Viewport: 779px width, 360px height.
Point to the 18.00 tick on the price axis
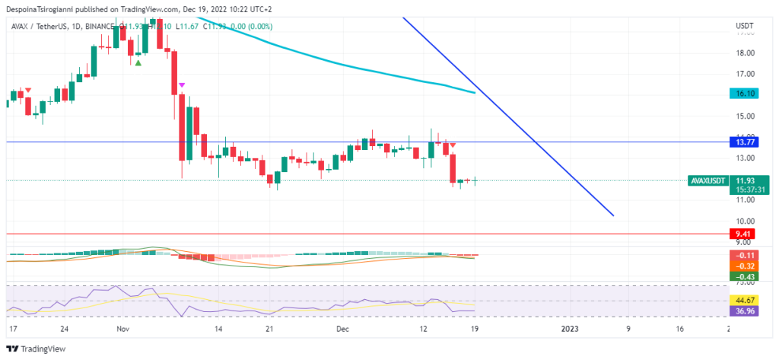[x=745, y=53]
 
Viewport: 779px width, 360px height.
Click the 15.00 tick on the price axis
[x=745, y=116]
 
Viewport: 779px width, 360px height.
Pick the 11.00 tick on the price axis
[x=745, y=200]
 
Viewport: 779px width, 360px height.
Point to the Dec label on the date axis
[x=342, y=329]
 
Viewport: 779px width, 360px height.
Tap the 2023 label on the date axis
[x=571, y=329]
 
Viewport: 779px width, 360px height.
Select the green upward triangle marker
[x=138, y=62]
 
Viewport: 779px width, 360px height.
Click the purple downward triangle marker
[x=182, y=85]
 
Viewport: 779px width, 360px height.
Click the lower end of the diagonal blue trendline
[x=612, y=215]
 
